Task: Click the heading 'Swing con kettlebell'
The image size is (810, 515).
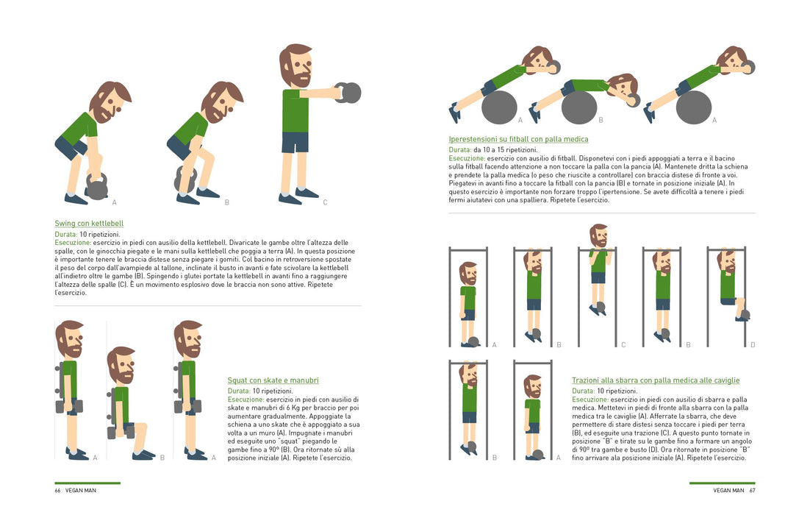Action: tap(89, 224)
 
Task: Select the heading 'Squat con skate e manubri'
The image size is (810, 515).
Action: tap(273, 380)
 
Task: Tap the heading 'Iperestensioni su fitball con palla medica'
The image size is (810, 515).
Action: tap(518, 139)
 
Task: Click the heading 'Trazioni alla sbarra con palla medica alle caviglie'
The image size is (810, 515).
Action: tap(656, 380)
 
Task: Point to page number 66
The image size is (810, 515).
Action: tap(57, 490)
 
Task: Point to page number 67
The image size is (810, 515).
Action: tap(752, 490)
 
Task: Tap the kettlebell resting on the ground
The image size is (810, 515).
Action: tap(96, 186)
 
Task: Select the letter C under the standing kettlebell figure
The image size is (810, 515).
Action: tap(325, 202)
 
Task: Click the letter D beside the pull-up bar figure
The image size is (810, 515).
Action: tap(753, 345)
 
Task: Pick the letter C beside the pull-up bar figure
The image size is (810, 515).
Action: tap(623, 345)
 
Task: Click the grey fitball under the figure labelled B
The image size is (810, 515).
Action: tap(579, 107)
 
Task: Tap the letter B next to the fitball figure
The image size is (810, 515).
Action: tap(601, 120)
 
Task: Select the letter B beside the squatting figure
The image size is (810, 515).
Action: tap(162, 458)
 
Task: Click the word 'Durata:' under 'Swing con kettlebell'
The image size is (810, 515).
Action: tap(66, 234)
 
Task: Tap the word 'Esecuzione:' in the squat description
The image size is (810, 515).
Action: tap(245, 399)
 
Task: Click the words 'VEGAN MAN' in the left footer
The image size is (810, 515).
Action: tap(81, 490)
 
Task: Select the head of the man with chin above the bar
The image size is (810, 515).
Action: tap(599, 235)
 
